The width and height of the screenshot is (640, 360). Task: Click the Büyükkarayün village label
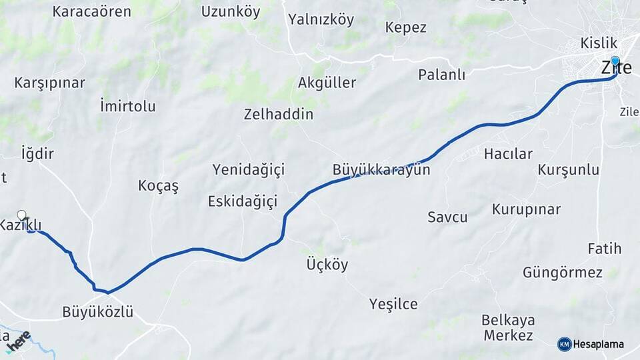tap(381, 170)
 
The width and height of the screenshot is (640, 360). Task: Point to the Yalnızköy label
tap(321, 19)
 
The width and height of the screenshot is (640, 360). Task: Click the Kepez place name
tap(405, 27)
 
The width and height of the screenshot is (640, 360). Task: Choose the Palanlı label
tap(441, 74)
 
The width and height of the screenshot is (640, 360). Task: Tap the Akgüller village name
tap(327, 83)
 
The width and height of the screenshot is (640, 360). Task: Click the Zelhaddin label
tap(278, 114)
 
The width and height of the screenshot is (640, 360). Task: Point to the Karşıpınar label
tap(50, 83)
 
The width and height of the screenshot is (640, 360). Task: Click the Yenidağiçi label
tap(249, 169)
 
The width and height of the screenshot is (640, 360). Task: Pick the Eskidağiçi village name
tap(242, 201)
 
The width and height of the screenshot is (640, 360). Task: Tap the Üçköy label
tap(327, 265)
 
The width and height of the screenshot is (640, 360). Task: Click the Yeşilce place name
tap(393, 304)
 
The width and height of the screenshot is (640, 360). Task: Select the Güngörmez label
tap(562, 272)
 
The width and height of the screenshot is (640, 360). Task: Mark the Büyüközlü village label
tap(98, 311)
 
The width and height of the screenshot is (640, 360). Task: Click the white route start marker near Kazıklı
tap(22, 215)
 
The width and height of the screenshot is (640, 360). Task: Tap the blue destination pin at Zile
tap(615, 61)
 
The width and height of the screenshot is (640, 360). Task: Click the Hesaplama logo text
tap(597, 344)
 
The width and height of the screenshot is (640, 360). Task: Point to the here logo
tap(18, 340)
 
